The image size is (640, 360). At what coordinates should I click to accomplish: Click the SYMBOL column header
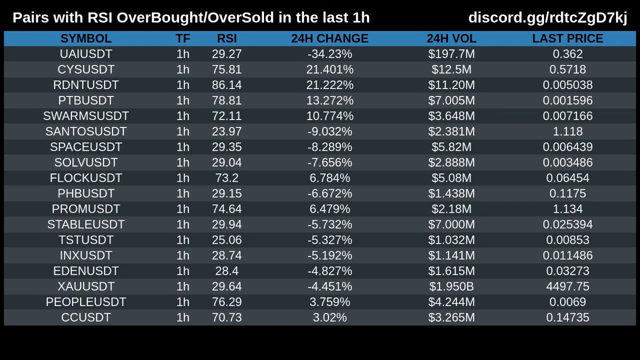(86, 38)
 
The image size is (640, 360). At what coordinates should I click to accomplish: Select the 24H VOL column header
(451, 38)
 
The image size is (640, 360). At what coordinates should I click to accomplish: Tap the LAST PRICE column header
(567, 38)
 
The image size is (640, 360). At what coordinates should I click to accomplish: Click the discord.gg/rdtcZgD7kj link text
(548, 18)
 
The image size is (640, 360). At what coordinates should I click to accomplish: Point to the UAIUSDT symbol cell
(86, 54)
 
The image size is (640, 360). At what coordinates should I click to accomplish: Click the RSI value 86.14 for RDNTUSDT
(227, 85)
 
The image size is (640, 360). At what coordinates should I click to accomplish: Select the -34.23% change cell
(330, 54)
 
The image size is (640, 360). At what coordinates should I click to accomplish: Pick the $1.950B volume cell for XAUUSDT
(451, 286)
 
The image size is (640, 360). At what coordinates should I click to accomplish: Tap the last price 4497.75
(567, 286)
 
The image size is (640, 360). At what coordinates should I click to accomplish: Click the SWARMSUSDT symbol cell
(86, 116)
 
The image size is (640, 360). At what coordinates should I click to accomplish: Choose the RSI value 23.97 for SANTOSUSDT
(227, 131)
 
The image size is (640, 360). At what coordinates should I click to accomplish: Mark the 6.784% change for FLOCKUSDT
(330, 178)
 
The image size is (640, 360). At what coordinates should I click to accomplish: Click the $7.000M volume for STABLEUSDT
(451, 225)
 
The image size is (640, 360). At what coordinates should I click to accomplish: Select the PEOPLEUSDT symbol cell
(86, 302)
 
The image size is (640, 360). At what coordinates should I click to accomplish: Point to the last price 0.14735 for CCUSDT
(567, 317)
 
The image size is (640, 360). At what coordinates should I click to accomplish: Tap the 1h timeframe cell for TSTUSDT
(183, 240)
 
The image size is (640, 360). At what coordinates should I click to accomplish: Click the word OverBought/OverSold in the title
(195, 18)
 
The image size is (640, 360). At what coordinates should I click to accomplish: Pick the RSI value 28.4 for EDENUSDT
(227, 271)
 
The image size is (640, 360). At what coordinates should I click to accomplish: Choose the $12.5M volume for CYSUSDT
(451, 69)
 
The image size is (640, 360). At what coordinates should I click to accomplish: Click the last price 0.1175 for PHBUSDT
(567, 194)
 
